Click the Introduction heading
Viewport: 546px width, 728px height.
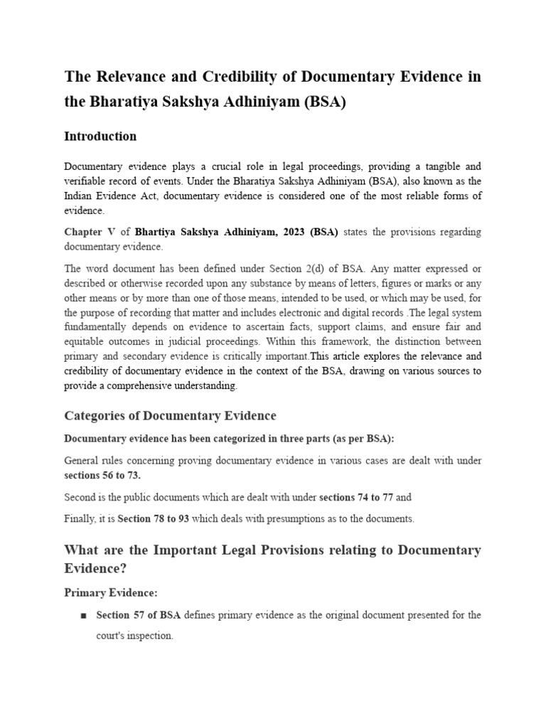tap(100, 136)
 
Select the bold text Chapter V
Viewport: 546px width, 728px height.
tap(90, 232)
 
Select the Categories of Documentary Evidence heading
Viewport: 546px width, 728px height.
tap(170, 415)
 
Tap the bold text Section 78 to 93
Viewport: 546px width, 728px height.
tap(153, 519)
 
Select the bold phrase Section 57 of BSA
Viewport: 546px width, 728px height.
tap(139, 615)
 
